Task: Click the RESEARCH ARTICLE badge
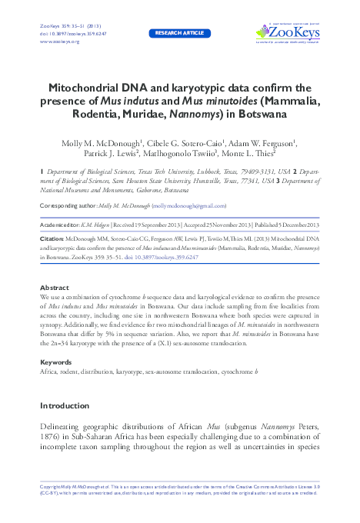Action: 179,34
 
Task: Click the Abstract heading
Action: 54,287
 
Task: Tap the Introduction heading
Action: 64,405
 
